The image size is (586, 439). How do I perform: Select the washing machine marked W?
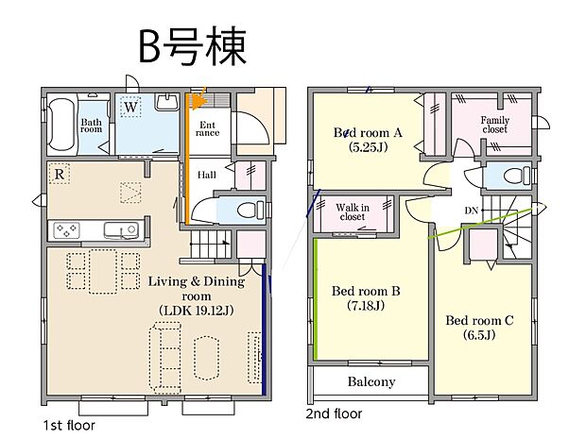click(x=132, y=107)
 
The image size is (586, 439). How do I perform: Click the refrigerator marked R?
click(x=60, y=174)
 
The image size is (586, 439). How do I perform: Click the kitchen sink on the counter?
click(x=120, y=229)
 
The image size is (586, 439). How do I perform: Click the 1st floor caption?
click(x=68, y=425)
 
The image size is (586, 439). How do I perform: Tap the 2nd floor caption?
click(x=334, y=414)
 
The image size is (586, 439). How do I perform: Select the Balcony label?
click(x=371, y=382)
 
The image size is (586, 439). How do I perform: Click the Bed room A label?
click(x=369, y=133)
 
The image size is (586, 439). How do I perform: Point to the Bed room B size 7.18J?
click(x=366, y=306)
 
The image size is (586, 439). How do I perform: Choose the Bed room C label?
click(x=479, y=320)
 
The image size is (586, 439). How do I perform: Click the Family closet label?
click(x=494, y=125)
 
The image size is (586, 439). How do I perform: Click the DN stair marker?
click(x=471, y=211)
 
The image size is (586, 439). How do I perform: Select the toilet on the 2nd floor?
click(x=514, y=176)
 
